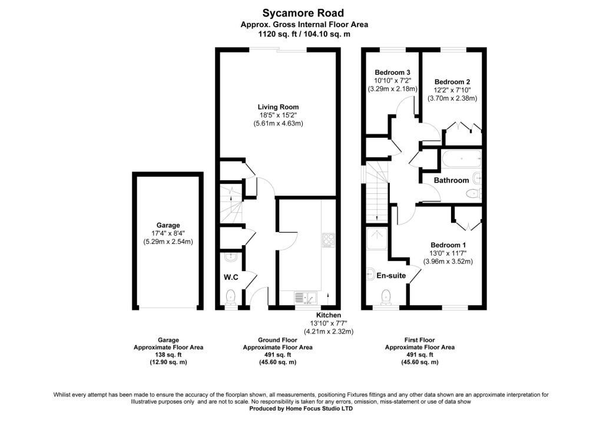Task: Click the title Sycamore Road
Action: pos(303,13)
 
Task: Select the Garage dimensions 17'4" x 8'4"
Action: pos(168,233)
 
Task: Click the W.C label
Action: pos(230,276)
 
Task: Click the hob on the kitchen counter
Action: pos(328,240)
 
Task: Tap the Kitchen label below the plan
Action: pos(328,315)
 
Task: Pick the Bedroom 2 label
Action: pos(452,82)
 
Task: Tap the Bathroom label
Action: pos(452,180)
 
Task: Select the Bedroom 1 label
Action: pos(448,245)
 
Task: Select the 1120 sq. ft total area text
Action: pos(280,34)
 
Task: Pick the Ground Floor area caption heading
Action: pos(277,340)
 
